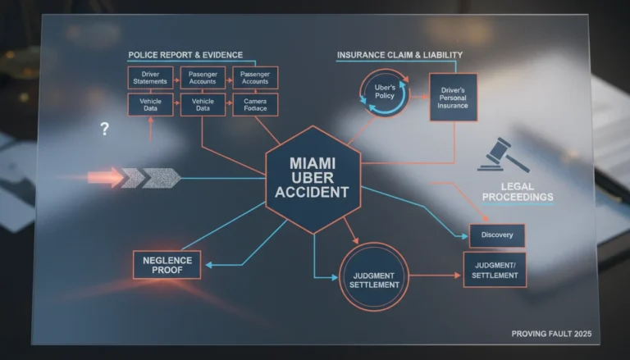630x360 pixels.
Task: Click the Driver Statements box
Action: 150,78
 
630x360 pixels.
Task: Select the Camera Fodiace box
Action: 255,104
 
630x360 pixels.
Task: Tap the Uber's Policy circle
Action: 385,93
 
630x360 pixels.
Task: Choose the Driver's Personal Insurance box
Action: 453,98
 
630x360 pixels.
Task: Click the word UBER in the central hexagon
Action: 313,178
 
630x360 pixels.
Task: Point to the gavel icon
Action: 504,155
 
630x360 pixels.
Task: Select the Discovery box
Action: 497,235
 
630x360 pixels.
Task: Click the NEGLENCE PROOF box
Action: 167,265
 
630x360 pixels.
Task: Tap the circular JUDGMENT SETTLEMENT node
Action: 374,276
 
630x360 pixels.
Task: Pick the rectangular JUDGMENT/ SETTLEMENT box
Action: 495,270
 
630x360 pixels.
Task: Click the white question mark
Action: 104,129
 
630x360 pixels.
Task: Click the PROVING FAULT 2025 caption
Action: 551,334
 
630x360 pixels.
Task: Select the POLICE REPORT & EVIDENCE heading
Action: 185,55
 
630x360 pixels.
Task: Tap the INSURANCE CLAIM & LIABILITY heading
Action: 399,55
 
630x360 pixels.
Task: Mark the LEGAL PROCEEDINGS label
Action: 518,192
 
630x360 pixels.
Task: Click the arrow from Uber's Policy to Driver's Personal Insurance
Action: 419,97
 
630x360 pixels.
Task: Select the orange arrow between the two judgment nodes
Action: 435,276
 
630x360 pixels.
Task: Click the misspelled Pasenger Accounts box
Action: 203,78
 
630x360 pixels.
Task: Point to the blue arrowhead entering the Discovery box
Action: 465,236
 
